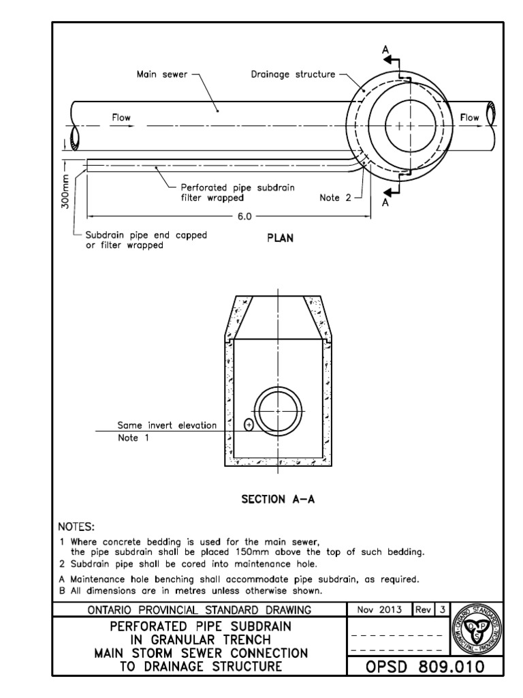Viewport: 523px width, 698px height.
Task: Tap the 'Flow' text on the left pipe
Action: coord(121,118)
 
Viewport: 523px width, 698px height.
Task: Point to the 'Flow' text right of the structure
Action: coord(470,118)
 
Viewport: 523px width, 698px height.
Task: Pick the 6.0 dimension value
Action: coord(244,216)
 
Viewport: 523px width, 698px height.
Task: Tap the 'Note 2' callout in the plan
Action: coord(334,198)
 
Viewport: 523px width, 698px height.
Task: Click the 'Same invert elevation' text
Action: coord(167,425)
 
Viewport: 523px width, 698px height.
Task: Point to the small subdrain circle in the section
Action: coord(249,425)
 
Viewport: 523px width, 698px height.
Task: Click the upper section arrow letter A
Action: coord(385,50)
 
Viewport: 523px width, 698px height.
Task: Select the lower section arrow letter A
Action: coord(385,202)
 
